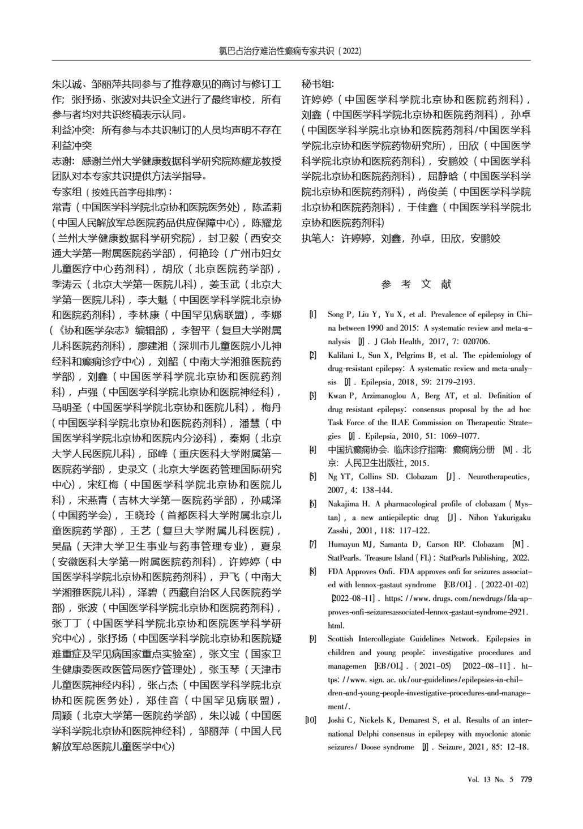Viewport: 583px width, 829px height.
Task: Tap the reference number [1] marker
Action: pos(312,314)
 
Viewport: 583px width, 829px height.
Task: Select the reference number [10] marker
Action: pos(311,720)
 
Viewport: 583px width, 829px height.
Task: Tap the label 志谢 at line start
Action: pos(62,161)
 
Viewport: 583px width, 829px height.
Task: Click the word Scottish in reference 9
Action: pos(342,639)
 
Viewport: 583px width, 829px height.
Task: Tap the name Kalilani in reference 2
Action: pos(342,355)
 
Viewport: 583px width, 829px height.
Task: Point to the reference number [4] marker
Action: pos(312,450)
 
